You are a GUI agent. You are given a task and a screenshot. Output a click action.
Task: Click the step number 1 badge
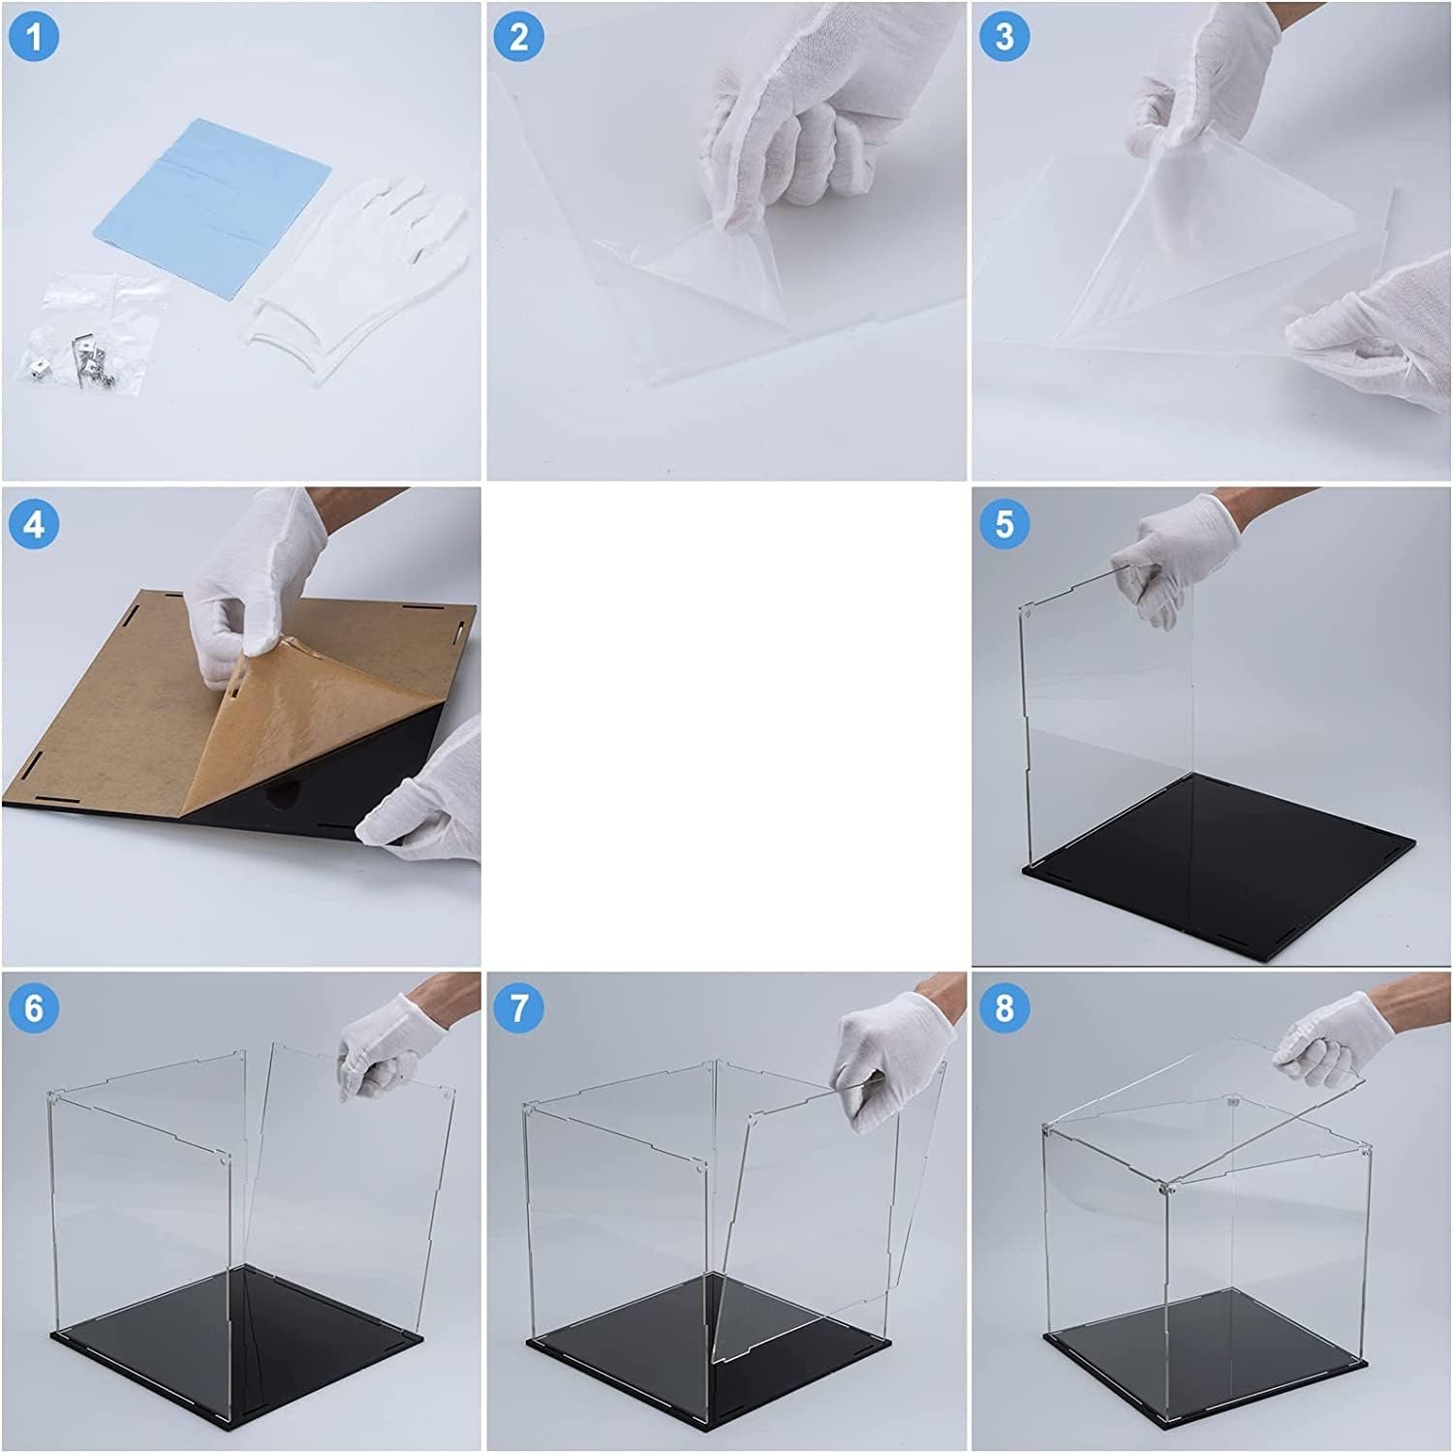(35, 37)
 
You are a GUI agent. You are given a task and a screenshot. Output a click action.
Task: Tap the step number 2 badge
(519, 37)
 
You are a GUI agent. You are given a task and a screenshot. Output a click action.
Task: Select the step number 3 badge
(1005, 37)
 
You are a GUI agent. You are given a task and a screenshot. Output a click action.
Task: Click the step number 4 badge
(35, 523)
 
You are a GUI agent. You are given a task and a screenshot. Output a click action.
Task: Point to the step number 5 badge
(1005, 523)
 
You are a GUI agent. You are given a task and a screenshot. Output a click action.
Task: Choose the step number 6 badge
(35, 1007)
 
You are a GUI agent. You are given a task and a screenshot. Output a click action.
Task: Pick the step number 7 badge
(519, 1007)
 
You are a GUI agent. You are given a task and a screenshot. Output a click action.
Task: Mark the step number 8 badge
(1005, 1007)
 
